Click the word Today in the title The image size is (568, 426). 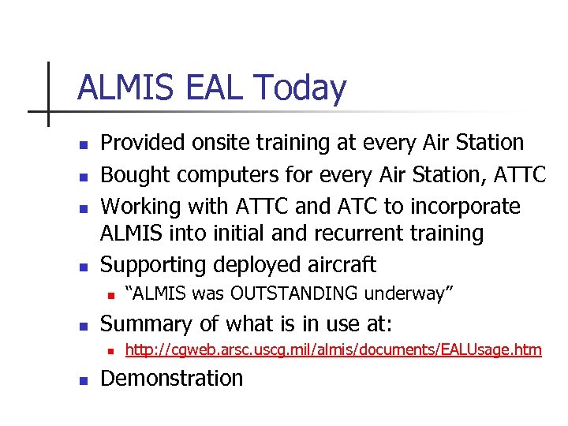[301, 88]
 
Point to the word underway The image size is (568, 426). [408, 294]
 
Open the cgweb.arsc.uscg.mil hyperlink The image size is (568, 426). [334, 349]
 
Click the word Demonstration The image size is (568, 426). [172, 379]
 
